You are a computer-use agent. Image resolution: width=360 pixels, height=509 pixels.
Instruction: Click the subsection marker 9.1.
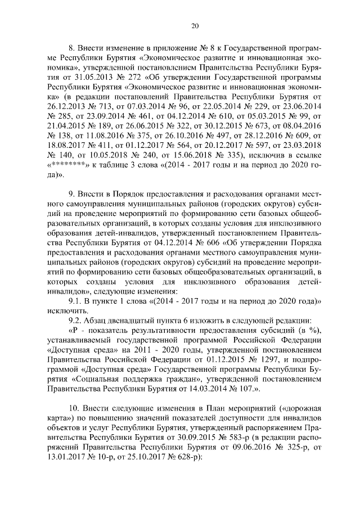(x=75, y=301)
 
